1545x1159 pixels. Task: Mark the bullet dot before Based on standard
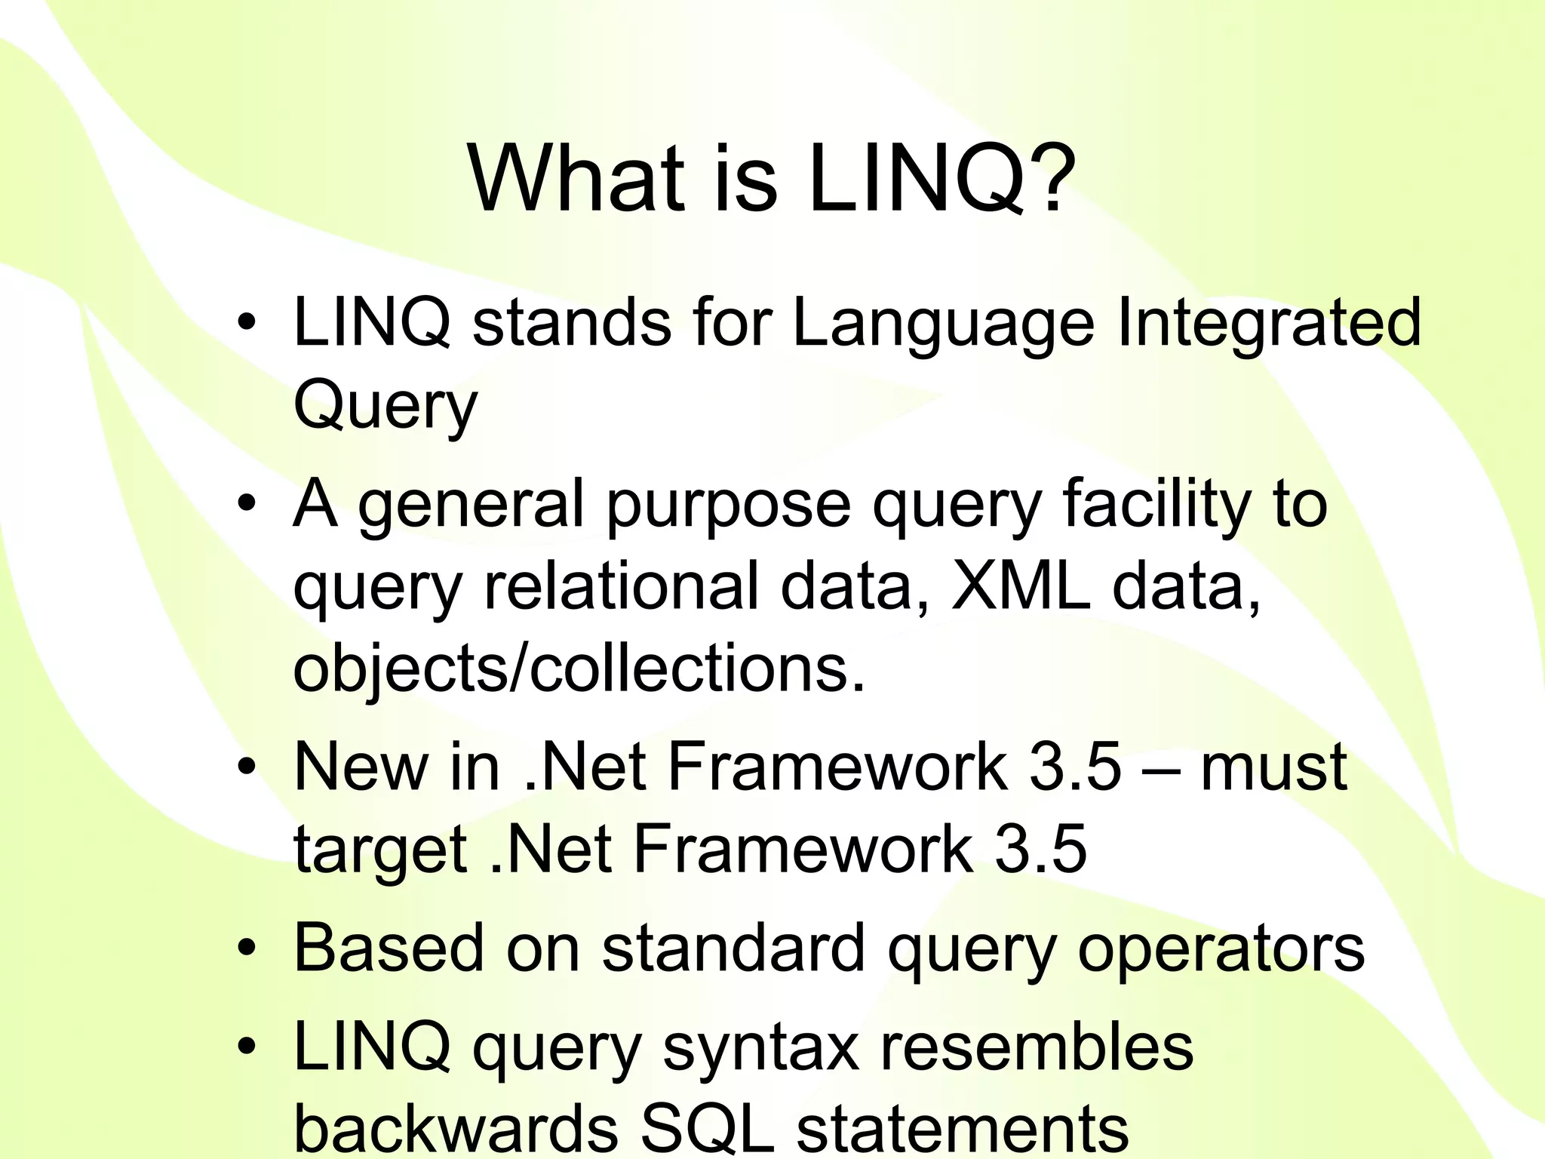(246, 948)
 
